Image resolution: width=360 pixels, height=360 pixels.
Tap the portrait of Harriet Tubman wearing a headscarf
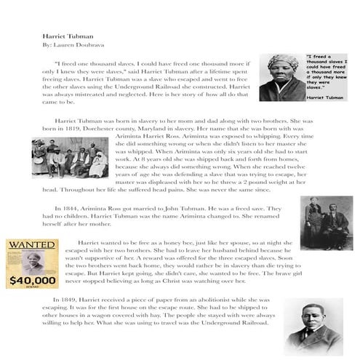[281, 77]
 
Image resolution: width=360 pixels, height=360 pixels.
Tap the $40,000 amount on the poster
[32, 279]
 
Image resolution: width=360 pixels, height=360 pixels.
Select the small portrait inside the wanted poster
[31, 261]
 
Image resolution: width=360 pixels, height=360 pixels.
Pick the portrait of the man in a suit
[313, 326]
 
